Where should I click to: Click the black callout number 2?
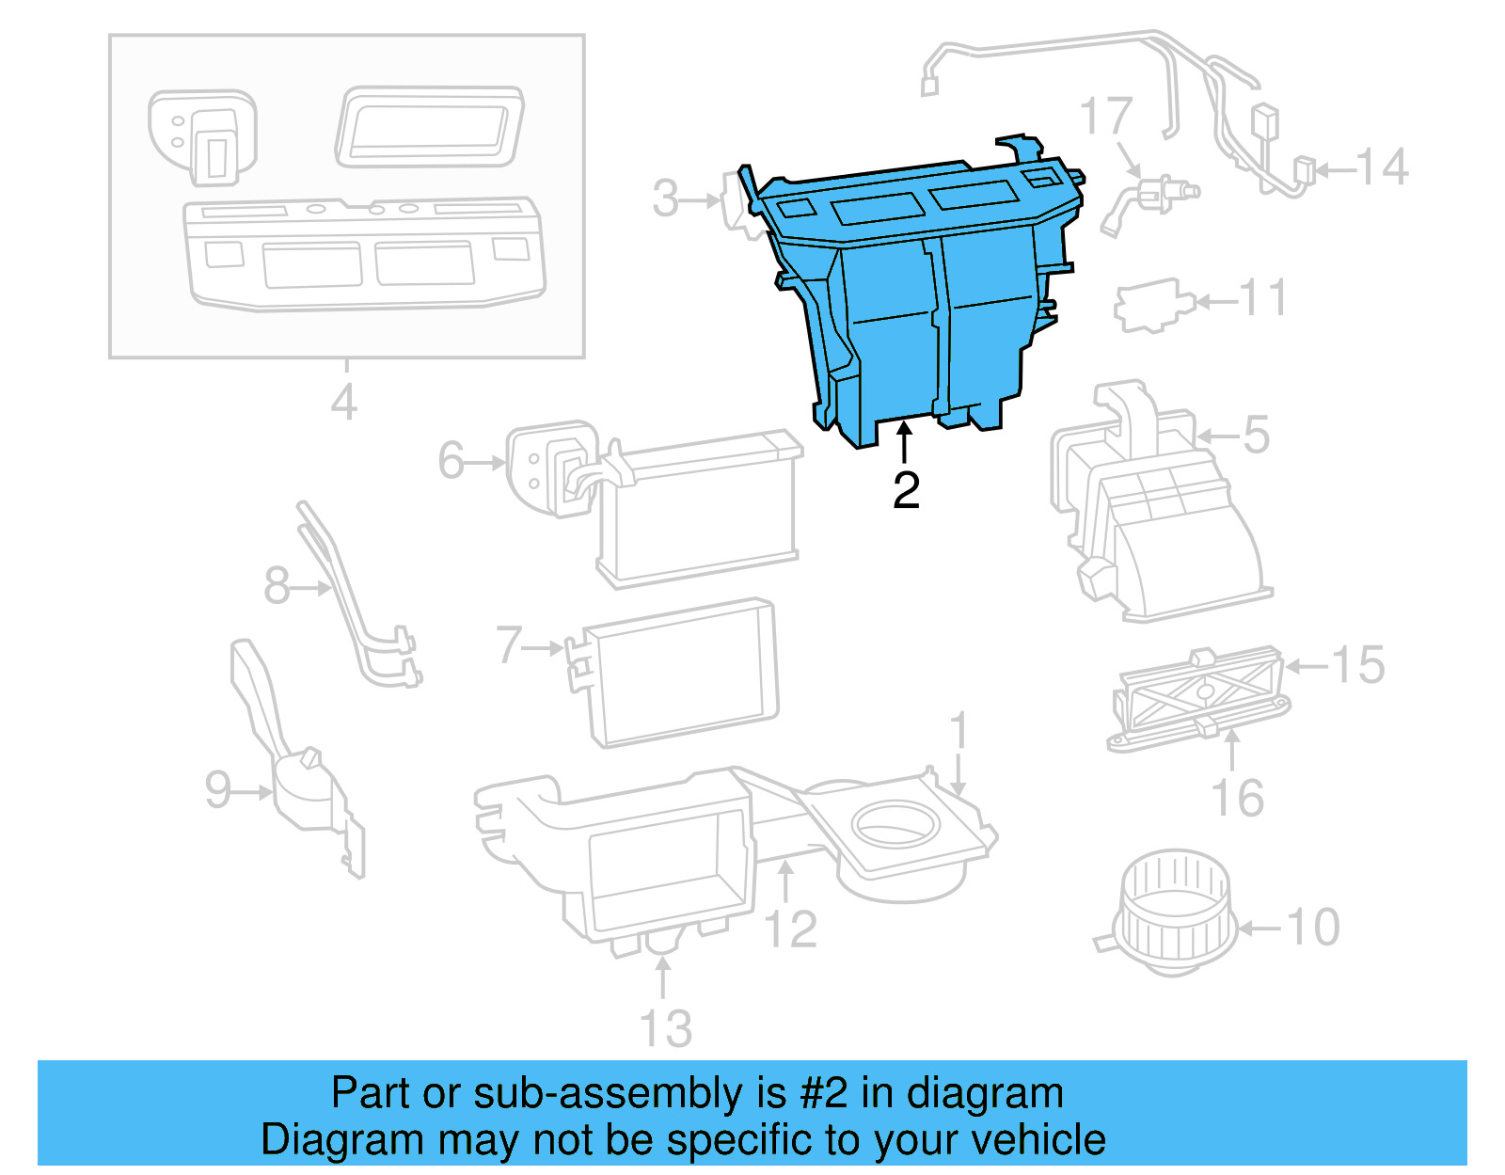tap(906, 491)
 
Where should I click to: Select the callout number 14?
tap(1382, 168)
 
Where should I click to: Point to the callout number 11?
tap(1263, 299)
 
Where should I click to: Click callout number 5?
tap(1256, 435)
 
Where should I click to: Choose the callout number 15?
tap(1358, 665)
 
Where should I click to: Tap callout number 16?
tap(1238, 799)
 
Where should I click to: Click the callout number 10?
tap(1313, 928)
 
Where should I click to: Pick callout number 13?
tap(666, 1028)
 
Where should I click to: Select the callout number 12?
tap(791, 929)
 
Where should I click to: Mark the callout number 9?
tap(218, 789)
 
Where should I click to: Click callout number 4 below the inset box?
tap(343, 403)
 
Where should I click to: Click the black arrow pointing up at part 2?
tap(905, 443)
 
